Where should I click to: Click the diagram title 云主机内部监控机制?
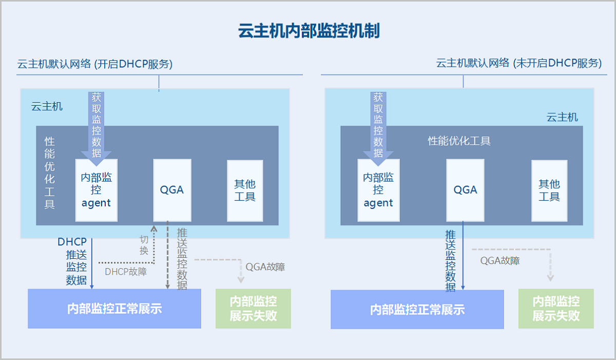pos(309,30)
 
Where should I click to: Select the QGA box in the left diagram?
pos(172,190)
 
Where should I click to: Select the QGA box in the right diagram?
pos(465,190)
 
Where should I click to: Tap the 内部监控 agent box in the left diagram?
pos(97,190)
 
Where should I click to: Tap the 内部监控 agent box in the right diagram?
pos(378,190)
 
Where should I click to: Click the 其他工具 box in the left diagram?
pos(245,191)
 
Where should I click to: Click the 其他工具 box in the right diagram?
pos(549,191)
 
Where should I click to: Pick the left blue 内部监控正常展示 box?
pos(114,309)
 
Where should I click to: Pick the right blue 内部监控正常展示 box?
pos(417,309)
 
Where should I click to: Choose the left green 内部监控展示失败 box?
pos(253,309)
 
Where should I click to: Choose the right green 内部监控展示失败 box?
pos(556,309)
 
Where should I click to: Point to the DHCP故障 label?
pos(126,272)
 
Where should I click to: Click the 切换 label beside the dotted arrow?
pos(144,245)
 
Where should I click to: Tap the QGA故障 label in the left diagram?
pos(265,267)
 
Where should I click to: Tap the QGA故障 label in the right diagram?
pos(500,260)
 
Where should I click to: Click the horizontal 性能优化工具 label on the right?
pos(459,141)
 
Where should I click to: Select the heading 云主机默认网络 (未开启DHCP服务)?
pos(519,63)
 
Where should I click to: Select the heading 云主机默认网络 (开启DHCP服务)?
pos(95,64)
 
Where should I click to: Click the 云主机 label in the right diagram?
pos(562,118)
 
